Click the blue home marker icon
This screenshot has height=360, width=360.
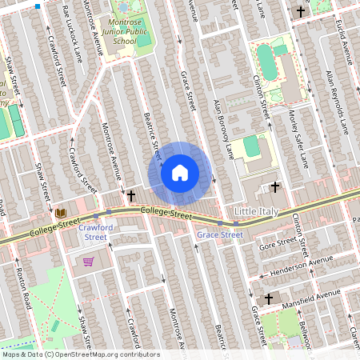pos(180,172)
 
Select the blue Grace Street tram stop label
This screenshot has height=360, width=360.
pos(220,234)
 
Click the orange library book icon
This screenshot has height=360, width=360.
pos(61,214)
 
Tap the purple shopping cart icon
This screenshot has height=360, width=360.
pos(88,262)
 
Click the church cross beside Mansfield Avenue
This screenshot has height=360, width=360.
pos(269,298)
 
